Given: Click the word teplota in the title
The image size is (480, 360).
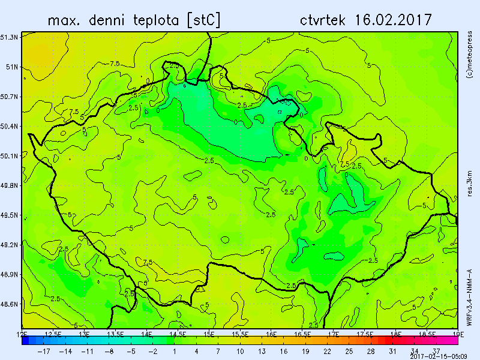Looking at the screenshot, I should (x=149, y=20).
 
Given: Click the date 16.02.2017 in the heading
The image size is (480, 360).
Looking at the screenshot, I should (x=393, y=20).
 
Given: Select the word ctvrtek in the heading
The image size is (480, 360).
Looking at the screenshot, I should (x=323, y=20).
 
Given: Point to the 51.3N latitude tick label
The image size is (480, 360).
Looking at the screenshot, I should (x=9, y=37).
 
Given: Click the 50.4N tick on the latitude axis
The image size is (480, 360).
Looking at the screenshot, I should (x=9, y=126).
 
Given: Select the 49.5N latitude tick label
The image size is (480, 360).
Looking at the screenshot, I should (x=9, y=215).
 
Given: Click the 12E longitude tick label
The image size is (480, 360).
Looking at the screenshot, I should (x=23, y=333).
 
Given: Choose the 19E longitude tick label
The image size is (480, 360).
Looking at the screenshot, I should (x=457, y=333).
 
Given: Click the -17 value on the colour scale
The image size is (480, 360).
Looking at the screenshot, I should (x=44, y=351).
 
